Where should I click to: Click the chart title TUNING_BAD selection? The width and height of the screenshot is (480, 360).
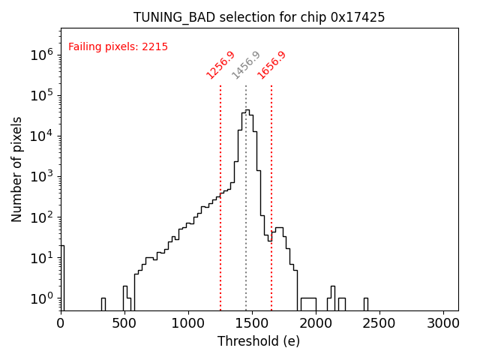259,17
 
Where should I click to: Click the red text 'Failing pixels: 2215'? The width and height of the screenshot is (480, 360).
118,46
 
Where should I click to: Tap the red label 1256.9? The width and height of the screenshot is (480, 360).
220,65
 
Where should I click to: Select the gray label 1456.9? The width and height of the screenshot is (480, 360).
246,65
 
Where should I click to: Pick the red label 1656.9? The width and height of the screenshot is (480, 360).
271,65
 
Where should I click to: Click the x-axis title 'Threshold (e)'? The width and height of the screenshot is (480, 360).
259,341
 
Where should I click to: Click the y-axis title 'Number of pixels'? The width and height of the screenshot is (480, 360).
17,169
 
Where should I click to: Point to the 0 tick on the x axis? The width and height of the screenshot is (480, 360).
61,324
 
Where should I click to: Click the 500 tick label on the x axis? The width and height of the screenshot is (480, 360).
124,324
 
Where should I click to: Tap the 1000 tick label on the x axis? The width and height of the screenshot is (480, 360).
188,324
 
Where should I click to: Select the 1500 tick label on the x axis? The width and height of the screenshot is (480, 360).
252,324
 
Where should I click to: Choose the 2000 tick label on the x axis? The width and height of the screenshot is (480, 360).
316,324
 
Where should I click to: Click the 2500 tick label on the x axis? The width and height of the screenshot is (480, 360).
379,324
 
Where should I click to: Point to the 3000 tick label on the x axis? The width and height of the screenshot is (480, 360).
443,324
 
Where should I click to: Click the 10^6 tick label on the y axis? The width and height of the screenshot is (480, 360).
41,55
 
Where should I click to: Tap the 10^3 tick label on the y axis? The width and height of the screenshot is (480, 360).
41,177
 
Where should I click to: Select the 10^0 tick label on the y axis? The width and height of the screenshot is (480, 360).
41,298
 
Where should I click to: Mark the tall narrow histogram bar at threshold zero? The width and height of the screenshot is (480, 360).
62,277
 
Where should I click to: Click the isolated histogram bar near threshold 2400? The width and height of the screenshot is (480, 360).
366,304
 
